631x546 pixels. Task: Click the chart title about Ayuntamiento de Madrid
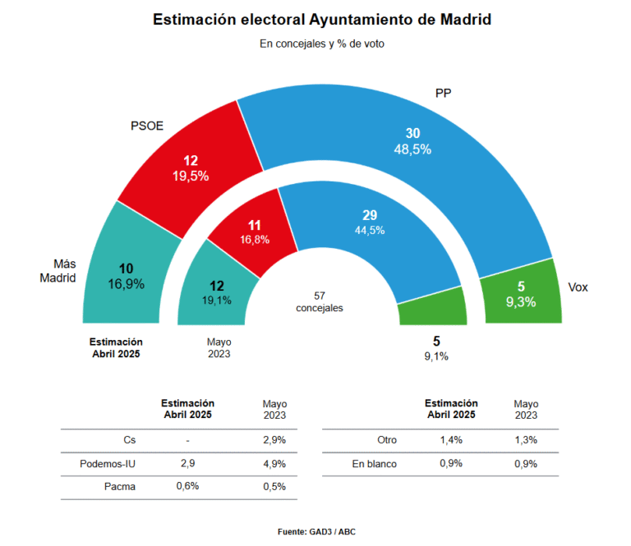[x=322, y=20]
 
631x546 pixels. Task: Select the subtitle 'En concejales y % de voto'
[x=322, y=44]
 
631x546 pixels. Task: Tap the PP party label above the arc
[x=444, y=94]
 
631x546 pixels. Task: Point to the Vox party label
[x=578, y=287]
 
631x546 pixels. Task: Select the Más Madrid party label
[x=58, y=271]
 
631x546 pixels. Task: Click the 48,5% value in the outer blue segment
[x=412, y=149]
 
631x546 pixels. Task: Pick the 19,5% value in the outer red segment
[x=190, y=176]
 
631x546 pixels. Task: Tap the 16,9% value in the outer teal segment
[x=126, y=284]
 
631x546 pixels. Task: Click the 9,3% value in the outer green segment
[x=521, y=302]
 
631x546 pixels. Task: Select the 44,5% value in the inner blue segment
[x=369, y=230]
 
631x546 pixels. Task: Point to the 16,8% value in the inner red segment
[x=255, y=240]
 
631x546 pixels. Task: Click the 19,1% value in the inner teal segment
[x=216, y=301]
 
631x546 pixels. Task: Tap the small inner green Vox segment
[x=432, y=313]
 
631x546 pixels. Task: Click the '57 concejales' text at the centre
[x=320, y=301]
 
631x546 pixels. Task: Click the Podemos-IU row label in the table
[x=108, y=464]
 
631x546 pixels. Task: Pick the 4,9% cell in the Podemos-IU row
[x=274, y=464]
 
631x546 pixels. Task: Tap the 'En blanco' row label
[x=374, y=464]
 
